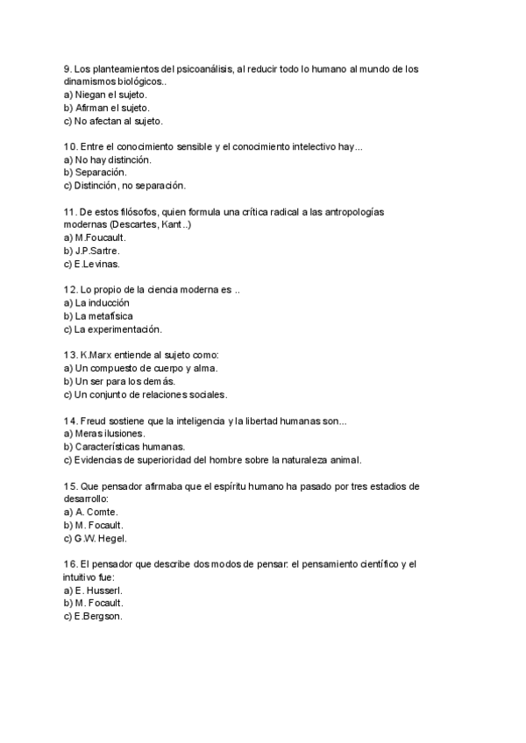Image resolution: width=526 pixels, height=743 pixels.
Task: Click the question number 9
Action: point(68,69)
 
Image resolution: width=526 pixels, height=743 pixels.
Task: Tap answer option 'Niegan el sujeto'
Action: point(105,95)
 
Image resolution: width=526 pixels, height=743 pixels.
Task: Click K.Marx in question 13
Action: point(96,355)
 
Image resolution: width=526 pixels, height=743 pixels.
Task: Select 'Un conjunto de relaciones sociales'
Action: point(145,394)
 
